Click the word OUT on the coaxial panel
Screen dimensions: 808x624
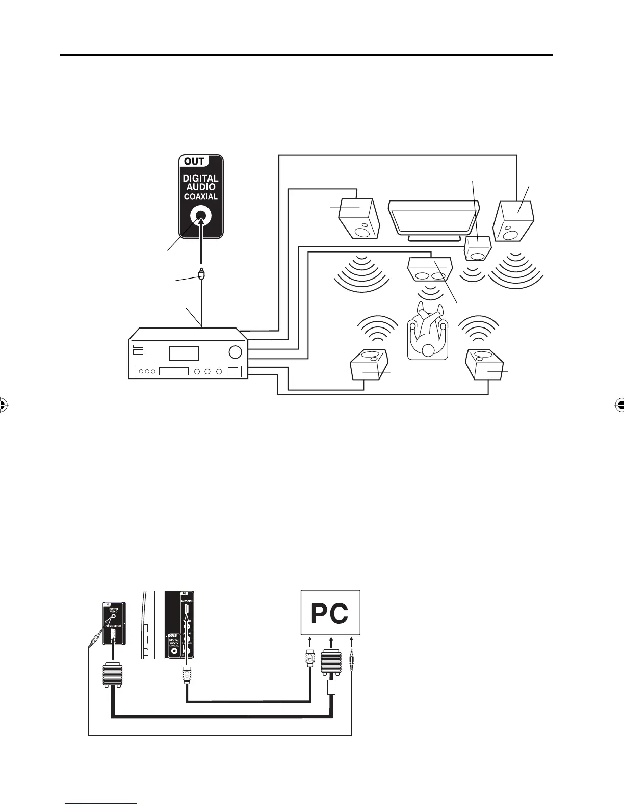(194, 161)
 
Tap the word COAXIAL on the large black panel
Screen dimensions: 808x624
(201, 196)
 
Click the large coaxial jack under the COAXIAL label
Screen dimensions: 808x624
(201, 218)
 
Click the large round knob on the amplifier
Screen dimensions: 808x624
(236, 352)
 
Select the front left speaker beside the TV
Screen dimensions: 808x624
(359, 218)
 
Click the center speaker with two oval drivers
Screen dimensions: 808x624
(431, 270)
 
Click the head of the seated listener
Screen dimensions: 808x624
(429, 350)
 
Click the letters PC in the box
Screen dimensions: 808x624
(330, 614)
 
